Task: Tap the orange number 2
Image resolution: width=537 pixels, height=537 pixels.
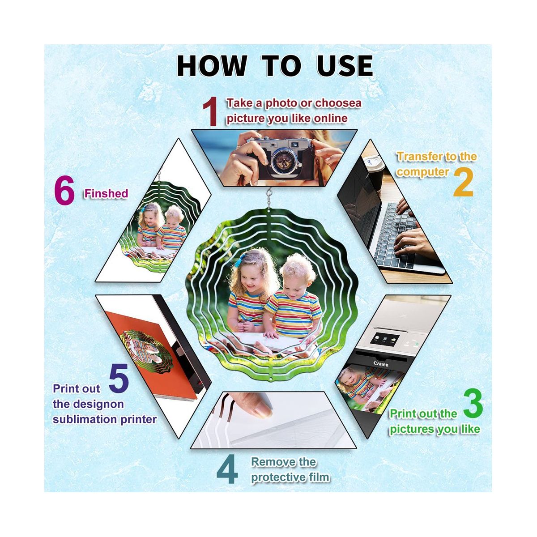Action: [x=463, y=182]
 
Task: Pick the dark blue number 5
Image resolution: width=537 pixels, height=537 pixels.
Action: [x=119, y=378]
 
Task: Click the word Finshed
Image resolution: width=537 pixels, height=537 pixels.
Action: [x=106, y=193]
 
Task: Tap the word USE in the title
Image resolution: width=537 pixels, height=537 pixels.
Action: [x=345, y=66]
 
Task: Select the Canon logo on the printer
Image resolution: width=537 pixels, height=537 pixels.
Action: [x=381, y=363]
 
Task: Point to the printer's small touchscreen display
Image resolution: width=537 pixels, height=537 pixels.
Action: [x=386, y=339]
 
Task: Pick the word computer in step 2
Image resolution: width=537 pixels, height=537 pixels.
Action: [x=423, y=172]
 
